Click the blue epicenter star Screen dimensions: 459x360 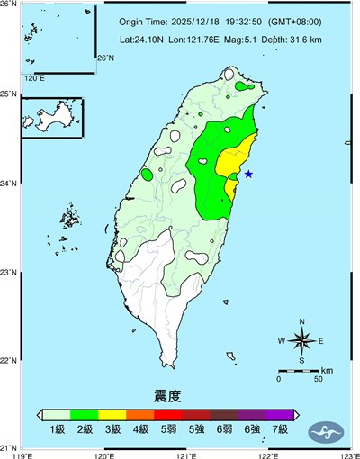click(x=248, y=174)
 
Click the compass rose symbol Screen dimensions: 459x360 click(x=302, y=340)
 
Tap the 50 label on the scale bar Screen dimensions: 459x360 click(x=319, y=379)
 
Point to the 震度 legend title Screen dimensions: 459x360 click(x=168, y=395)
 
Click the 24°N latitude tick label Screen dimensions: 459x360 click(x=9, y=183)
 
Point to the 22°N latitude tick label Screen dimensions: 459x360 click(x=9, y=360)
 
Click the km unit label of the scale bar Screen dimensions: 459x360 click(x=327, y=369)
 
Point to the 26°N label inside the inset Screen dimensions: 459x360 click(x=105, y=58)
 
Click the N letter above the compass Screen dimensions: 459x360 click(x=302, y=321)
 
